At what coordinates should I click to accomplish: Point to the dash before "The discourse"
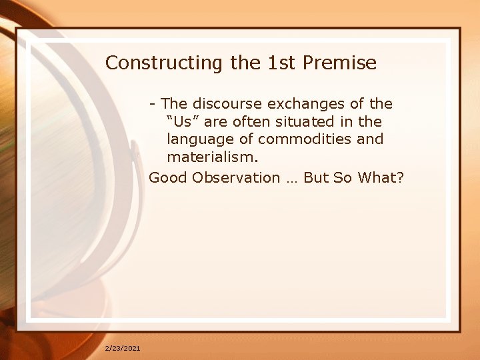click(x=153, y=104)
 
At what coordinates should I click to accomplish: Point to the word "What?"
click(x=383, y=177)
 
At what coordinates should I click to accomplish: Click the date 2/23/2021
click(x=122, y=349)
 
